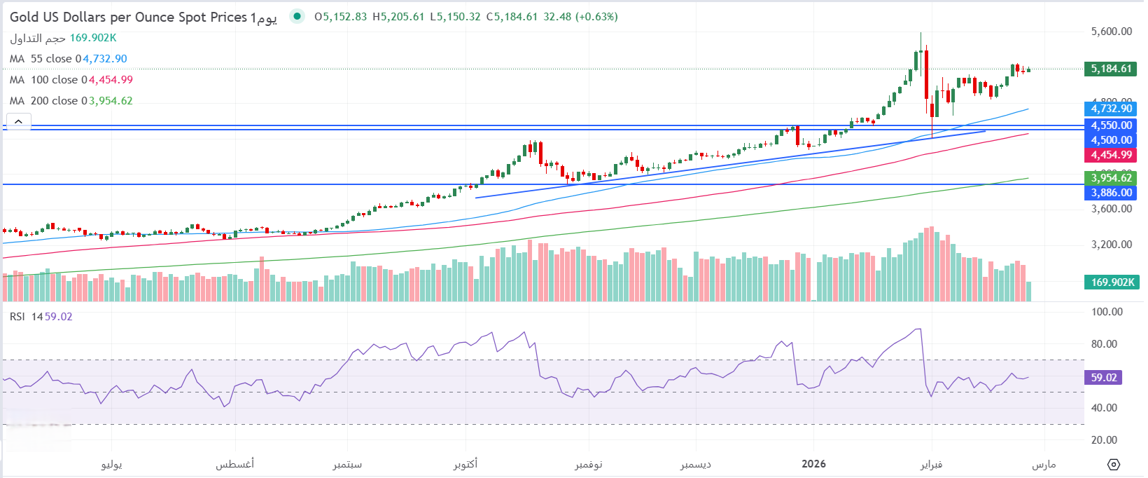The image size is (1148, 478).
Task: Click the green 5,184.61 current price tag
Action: [x=1110, y=69]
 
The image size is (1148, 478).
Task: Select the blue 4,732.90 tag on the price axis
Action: [x=1110, y=109]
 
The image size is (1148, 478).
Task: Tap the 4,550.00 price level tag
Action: [x=1110, y=125]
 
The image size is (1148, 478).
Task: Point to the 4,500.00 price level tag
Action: [x=1110, y=140]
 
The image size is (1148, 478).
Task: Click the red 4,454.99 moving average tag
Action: [x=1110, y=155]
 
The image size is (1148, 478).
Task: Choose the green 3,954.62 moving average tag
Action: [x=1110, y=178]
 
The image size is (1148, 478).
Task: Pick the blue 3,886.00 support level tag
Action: [x=1110, y=193]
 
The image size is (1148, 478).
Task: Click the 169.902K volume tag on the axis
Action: [x=1112, y=282]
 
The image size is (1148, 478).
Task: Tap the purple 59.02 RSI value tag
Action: [x=1104, y=378]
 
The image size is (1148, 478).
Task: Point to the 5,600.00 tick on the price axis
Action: [x=1112, y=32]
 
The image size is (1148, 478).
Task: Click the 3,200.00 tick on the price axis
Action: [x=1112, y=245]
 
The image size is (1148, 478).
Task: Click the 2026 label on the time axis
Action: [x=813, y=464]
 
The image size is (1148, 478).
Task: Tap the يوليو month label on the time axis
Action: [x=112, y=465]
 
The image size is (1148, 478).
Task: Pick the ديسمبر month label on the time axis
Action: [x=696, y=465]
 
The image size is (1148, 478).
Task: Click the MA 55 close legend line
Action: [x=68, y=59]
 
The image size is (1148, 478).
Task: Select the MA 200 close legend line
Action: [x=71, y=101]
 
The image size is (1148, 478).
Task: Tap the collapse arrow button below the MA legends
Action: [x=18, y=121]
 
